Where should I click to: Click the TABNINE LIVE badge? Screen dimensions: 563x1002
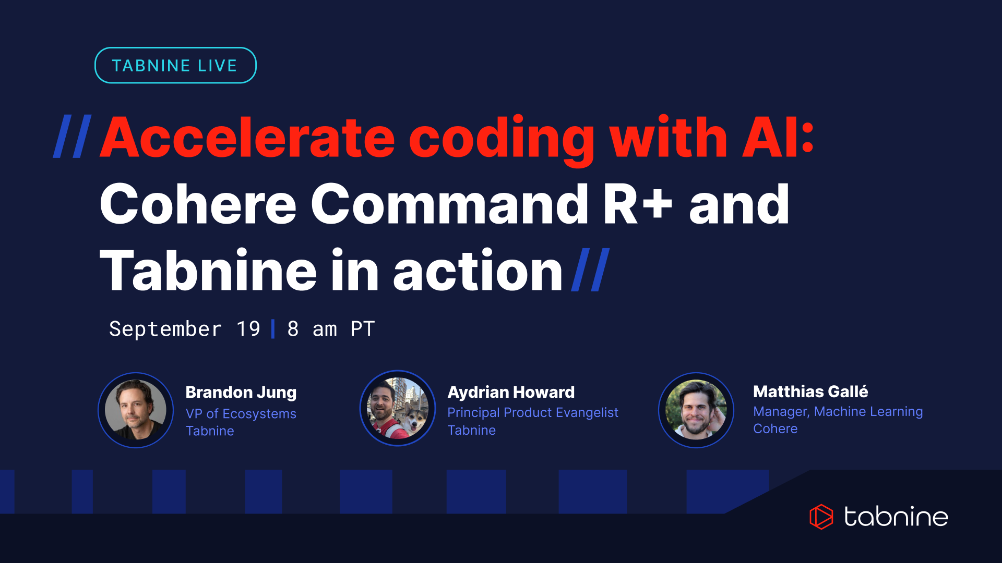[175, 66]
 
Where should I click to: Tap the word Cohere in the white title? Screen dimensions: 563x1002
[198, 204]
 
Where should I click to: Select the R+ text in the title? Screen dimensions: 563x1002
[638, 204]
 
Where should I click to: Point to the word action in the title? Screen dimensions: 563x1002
[478, 271]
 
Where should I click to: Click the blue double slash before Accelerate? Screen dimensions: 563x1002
[73, 137]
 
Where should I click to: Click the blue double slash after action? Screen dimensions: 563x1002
[591, 270]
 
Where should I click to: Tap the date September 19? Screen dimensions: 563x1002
[184, 329]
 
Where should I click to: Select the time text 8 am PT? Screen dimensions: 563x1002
[331, 329]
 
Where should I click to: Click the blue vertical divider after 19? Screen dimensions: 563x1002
[273, 329]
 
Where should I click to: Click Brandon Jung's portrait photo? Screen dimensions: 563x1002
[136, 410]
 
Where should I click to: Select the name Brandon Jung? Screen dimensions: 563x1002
[241, 392]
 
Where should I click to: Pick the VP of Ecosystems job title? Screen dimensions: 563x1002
[241, 413]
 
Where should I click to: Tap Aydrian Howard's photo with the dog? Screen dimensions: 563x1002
[398, 409]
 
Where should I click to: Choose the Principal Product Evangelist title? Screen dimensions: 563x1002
[533, 412]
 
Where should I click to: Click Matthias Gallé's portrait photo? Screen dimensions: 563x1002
[696, 410]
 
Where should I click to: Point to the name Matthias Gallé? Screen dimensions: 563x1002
[810, 391]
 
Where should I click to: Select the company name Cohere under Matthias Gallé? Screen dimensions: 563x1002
[776, 429]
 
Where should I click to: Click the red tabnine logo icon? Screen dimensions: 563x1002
[821, 517]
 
